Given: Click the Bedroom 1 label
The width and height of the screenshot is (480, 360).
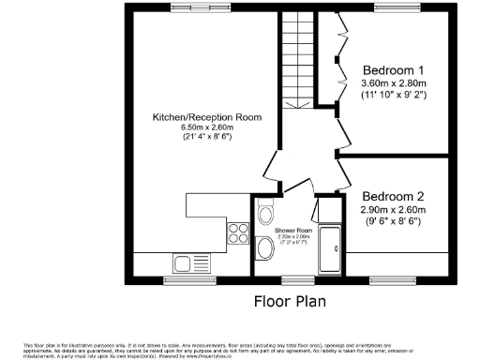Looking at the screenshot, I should coord(394,70).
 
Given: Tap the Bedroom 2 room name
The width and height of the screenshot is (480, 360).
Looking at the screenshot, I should coord(394,196).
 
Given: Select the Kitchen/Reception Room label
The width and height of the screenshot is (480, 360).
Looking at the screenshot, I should coord(207,117).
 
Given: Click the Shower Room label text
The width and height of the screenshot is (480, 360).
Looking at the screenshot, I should coord(292,229).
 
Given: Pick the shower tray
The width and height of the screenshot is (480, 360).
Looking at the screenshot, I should coord(331,250).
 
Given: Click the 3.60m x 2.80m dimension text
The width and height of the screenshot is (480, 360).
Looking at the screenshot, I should coord(394,82).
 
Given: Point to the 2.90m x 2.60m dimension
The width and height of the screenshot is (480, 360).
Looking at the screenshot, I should coord(394,210).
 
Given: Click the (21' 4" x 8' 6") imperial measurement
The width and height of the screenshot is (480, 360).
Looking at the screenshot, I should coord(207,138).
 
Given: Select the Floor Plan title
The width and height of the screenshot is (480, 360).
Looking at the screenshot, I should coord(291,302).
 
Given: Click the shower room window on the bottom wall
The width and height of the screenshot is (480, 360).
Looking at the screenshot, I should coord(297,278).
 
